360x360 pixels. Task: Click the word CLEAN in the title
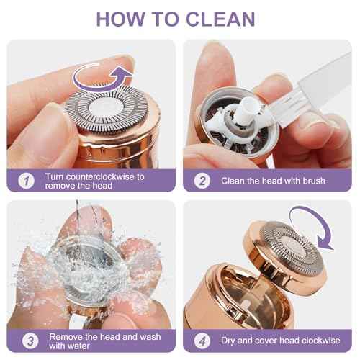pyautogui.click(x=226, y=19)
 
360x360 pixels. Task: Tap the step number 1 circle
pyautogui.click(x=25, y=181)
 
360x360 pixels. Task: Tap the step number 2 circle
pyautogui.click(x=202, y=181)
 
